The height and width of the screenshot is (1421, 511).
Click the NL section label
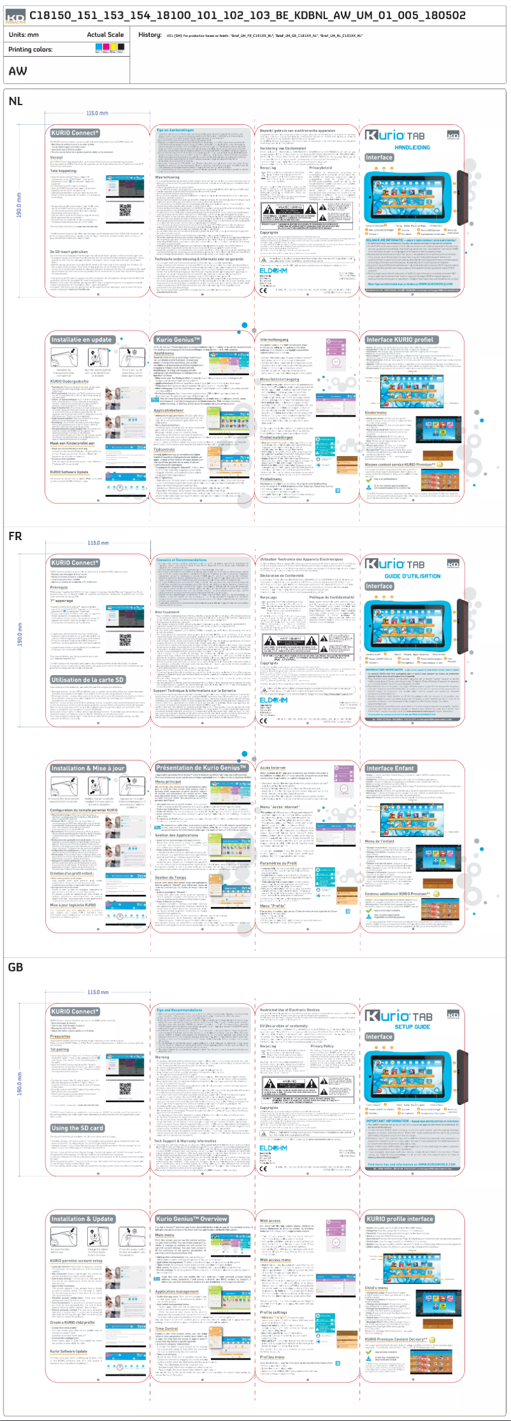point(15,101)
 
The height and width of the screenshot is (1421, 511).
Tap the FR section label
point(15,536)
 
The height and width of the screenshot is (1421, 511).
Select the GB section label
point(16,967)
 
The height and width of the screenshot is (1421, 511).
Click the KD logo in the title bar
point(16,17)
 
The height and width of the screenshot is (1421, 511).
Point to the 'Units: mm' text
point(24,34)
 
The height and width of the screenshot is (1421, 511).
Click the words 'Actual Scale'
point(105,34)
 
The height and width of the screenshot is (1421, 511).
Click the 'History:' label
point(150,34)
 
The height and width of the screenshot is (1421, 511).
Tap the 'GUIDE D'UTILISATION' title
point(412,576)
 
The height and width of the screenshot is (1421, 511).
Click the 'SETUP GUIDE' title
point(412,1026)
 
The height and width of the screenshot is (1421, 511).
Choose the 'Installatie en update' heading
point(82,339)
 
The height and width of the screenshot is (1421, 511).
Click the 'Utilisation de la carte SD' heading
point(87,680)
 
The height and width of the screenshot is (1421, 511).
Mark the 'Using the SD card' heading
point(77,1127)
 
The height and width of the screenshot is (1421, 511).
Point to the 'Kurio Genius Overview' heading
point(191,1218)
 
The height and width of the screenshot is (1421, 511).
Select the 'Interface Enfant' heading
point(391,768)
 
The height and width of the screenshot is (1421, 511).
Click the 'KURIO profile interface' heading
point(399,1218)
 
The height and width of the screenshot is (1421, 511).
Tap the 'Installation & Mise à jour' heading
point(88,768)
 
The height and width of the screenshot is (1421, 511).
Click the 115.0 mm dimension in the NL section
point(97,113)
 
